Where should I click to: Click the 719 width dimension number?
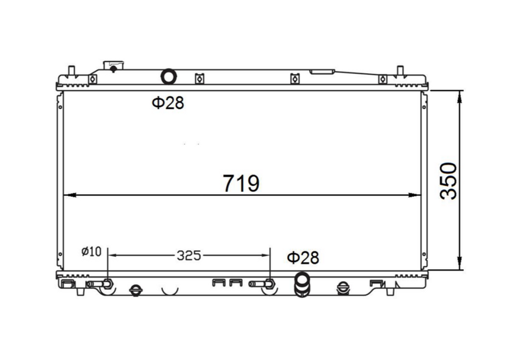(241, 183)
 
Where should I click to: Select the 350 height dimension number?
(449, 181)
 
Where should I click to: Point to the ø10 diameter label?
(91, 251)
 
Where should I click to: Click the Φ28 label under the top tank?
(168, 103)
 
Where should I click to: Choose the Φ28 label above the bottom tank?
(303, 258)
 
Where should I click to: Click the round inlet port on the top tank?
(169, 77)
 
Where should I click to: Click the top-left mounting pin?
(72, 71)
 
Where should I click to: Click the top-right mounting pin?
(399, 71)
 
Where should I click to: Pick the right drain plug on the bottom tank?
(342, 289)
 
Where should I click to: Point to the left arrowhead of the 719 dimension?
(68, 195)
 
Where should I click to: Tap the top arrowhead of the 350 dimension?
(460, 95)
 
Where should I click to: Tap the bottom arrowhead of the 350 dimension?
(460, 265)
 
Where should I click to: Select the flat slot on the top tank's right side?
(322, 71)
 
